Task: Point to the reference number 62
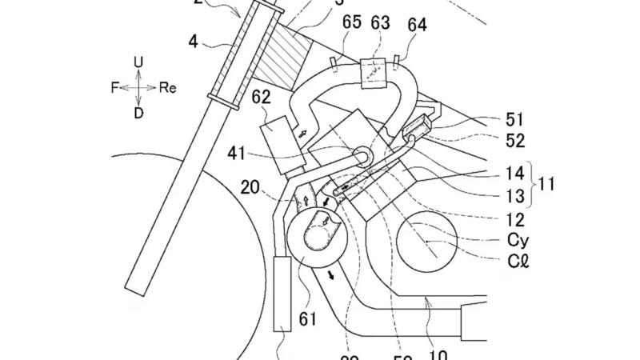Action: (x=262, y=98)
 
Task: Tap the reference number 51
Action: (x=515, y=121)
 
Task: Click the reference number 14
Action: (x=515, y=173)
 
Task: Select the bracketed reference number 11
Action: (x=547, y=184)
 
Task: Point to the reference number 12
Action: (x=515, y=217)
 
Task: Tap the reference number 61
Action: (x=308, y=319)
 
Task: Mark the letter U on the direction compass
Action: (x=138, y=62)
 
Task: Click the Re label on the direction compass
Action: (x=167, y=88)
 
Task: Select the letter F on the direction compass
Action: (x=114, y=88)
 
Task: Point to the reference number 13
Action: (x=515, y=195)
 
